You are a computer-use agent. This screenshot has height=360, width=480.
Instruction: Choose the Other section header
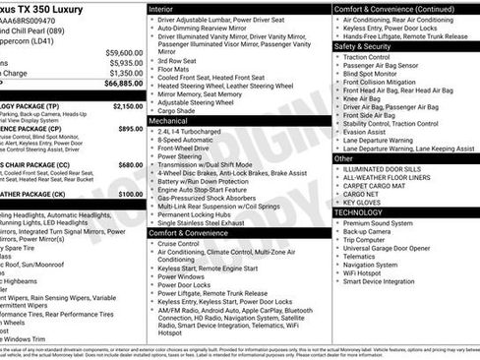tap(344, 157)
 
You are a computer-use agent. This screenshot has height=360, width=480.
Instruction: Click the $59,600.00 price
tap(124, 52)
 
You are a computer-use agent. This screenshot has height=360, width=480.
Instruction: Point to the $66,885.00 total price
tap(124, 85)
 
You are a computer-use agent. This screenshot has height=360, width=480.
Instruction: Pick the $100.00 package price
tap(130, 194)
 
